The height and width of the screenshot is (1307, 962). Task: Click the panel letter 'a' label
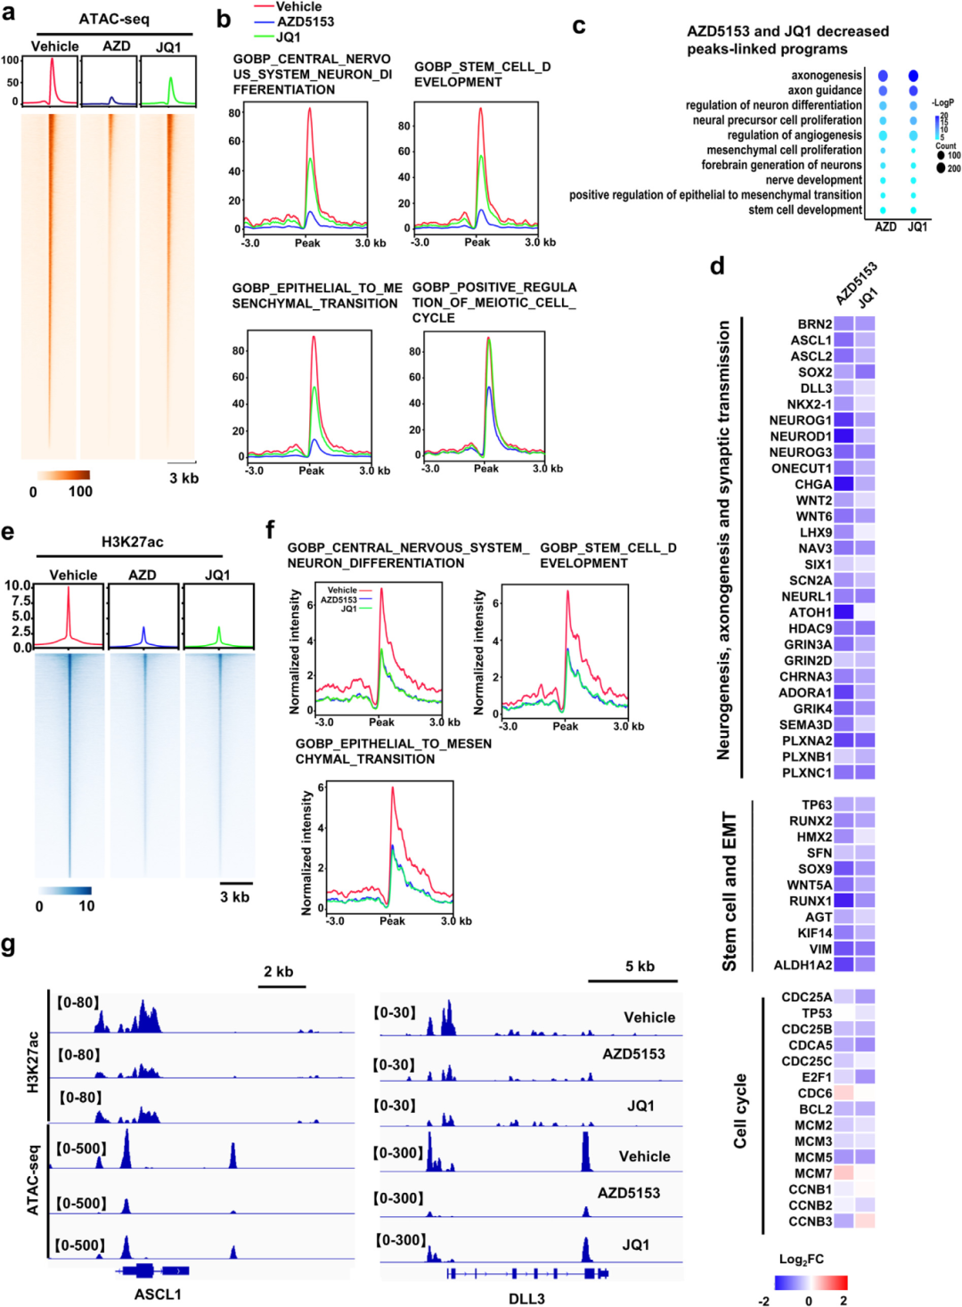[x=8, y=12]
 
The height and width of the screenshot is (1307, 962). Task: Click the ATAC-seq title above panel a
[x=114, y=19]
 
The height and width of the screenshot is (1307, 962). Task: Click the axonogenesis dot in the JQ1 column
[x=913, y=76]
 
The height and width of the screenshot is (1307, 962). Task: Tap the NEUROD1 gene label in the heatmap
[x=801, y=437]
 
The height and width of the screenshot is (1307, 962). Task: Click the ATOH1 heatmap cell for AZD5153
[x=843, y=612]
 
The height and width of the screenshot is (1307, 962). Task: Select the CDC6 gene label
[x=815, y=1093]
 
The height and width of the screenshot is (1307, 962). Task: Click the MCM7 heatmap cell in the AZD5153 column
[x=843, y=1173]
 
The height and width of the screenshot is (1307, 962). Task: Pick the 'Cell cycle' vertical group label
[x=740, y=1111]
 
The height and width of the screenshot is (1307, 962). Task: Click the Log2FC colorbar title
[x=801, y=1259]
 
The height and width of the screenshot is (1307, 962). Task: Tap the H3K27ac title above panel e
[x=132, y=542]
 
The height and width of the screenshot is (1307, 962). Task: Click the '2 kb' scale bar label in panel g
[x=279, y=971]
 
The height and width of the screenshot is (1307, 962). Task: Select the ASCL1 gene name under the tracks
[x=158, y=1294]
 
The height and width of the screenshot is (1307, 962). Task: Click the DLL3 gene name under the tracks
[x=526, y=1298]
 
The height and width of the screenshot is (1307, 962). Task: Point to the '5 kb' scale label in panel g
[x=640, y=966]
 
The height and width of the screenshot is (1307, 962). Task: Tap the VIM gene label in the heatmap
[x=820, y=949]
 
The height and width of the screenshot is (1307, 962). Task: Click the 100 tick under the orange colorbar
[x=80, y=491]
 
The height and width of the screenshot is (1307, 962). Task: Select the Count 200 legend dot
[x=941, y=167]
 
